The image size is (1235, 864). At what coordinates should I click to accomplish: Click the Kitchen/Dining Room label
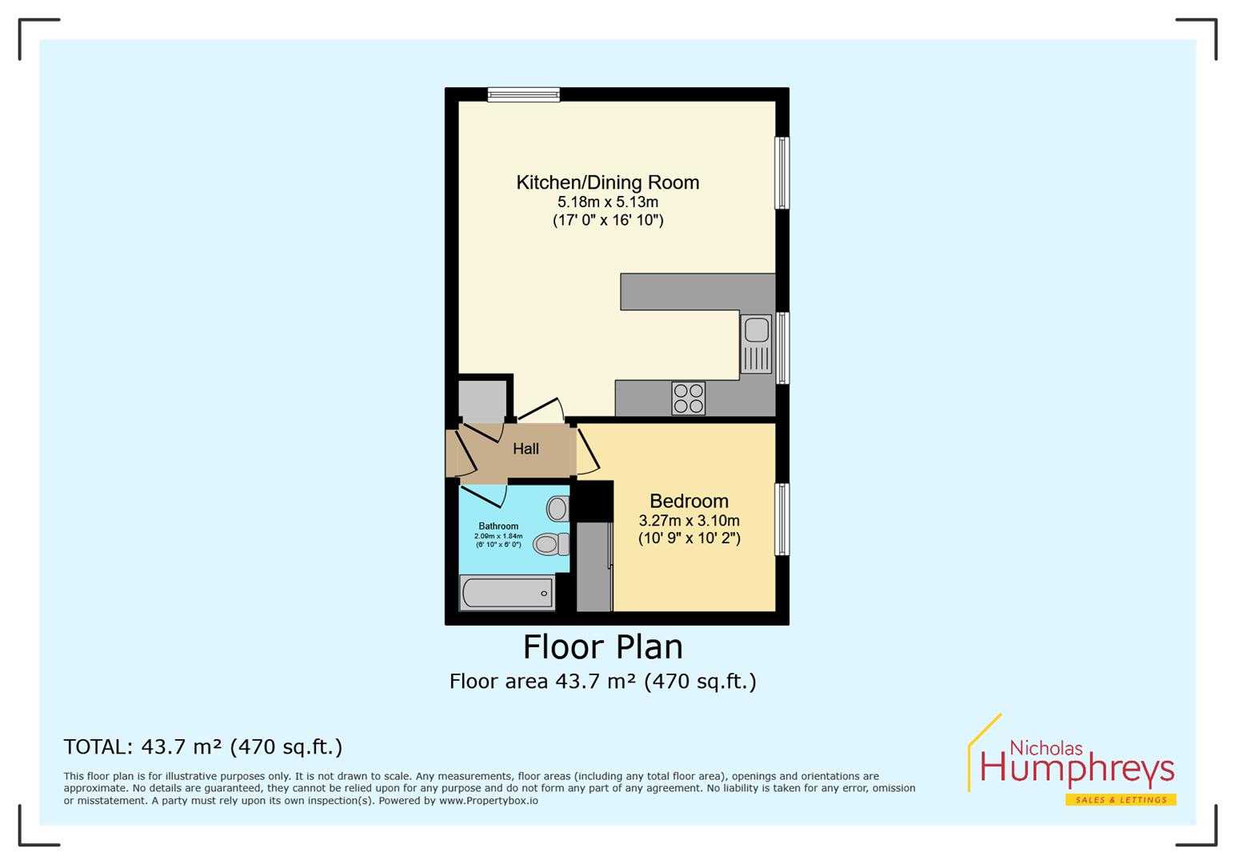tap(607, 182)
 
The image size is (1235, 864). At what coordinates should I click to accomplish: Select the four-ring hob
tap(688, 398)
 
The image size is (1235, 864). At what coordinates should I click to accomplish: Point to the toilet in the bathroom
tap(550, 544)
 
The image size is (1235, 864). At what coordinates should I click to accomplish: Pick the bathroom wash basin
tap(558, 508)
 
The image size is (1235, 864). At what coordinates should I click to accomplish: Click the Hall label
tap(526, 449)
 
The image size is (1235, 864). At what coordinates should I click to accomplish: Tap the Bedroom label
tap(689, 502)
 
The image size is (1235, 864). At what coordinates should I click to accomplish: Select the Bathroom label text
tap(498, 526)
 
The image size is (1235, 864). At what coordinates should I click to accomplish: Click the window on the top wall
tap(524, 94)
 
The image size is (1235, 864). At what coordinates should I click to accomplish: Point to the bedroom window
tap(782, 519)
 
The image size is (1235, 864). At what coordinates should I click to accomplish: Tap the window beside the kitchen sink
tap(782, 348)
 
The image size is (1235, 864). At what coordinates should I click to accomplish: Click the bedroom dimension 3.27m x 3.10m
tap(689, 521)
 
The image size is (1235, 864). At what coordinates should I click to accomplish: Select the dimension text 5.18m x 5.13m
tap(608, 202)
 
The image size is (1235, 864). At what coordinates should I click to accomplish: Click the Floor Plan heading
tap(602, 646)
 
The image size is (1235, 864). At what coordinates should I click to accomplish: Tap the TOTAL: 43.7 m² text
tap(202, 746)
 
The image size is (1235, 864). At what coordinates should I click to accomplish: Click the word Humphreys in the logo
tap(1077, 770)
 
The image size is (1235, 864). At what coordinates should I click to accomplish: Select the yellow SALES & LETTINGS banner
tap(1120, 800)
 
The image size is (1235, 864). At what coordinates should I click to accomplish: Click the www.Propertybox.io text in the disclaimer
tap(488, 801)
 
